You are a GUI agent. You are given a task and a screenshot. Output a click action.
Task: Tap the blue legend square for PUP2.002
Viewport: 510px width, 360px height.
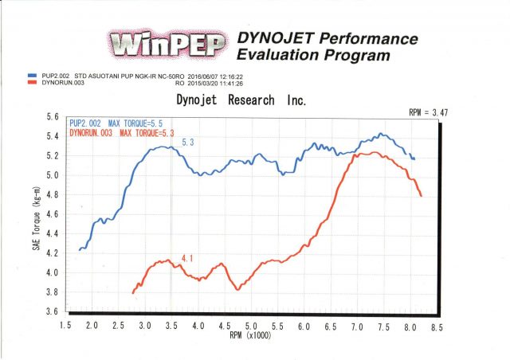click(31, 74)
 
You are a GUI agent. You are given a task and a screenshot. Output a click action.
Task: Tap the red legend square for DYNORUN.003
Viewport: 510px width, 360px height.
click(31, 81)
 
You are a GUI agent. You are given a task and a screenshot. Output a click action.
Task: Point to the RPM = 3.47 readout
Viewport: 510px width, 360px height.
click(429, 113)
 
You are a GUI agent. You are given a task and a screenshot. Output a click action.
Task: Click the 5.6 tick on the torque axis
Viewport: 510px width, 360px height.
click(52, 116)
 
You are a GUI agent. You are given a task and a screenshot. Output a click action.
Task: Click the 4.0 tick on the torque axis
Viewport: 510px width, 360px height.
click(52, 273)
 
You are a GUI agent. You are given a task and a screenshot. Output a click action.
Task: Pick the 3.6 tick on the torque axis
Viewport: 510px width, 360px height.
click(52, 312)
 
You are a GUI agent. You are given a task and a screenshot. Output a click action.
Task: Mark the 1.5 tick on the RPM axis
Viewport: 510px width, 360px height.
click(65, 327)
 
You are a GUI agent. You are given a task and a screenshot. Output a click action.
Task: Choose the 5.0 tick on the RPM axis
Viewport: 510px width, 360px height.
click(250, 327)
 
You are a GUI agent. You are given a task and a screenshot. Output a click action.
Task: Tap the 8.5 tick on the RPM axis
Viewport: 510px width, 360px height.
click(436, 327)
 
